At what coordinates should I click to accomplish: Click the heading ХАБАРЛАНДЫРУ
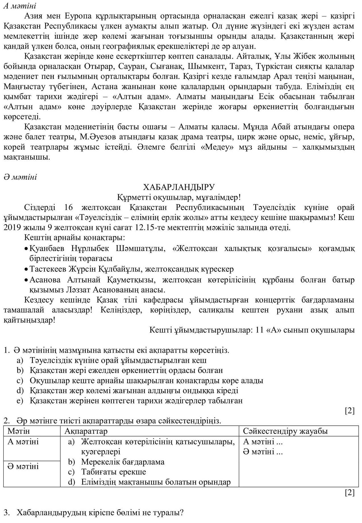(179, 187)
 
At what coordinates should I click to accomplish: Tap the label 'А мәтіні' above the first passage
(20, 6)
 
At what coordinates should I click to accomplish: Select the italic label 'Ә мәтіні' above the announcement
(20, 177)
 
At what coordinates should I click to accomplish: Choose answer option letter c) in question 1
(19, 381)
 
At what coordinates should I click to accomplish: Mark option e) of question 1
(19, 401)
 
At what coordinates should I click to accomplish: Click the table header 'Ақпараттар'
(86, 431)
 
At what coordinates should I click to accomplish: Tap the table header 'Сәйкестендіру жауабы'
(285, 431)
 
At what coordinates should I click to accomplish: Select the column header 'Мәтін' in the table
(18, 431)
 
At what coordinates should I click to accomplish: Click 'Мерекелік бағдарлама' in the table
(123, 462)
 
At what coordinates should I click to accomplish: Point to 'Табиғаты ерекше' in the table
(113, 472)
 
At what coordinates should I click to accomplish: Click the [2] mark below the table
(349, 493)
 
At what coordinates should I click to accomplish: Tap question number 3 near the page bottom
(7, 513)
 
